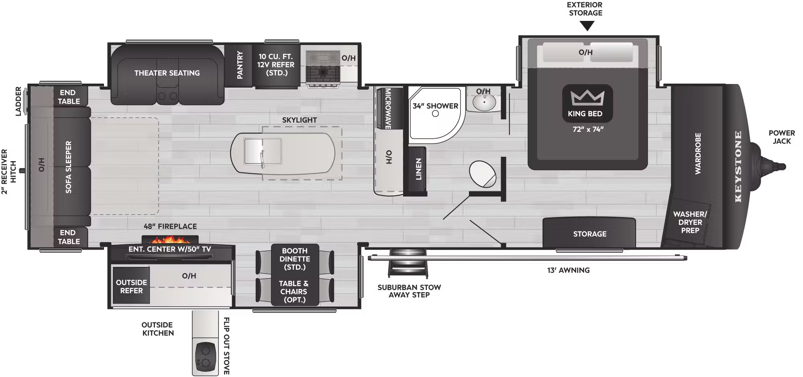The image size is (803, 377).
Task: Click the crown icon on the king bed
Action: pos(587,97)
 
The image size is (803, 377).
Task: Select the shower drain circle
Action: pos(435,114)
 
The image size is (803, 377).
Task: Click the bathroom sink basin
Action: pos(484,102)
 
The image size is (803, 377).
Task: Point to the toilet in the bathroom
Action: pos(483,174)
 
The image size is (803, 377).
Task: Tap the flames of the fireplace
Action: pos(170,240)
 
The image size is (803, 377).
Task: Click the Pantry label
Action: pos(240,65)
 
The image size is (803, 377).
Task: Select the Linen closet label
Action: pos(418,169)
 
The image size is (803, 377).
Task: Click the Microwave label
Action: pos(388,109)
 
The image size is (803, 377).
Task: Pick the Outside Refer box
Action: pos(131,286)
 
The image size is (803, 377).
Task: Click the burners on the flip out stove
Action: pos(205,356)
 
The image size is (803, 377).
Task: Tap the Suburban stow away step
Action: pos(408,263)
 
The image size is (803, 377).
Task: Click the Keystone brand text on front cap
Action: pos(738,166)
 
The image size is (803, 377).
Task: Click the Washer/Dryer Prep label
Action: pos(690,222)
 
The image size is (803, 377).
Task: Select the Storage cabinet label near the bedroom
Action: pos(589,234)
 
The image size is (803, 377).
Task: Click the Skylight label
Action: pos(299,120)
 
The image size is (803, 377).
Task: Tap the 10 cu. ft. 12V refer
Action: pos(276,65)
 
